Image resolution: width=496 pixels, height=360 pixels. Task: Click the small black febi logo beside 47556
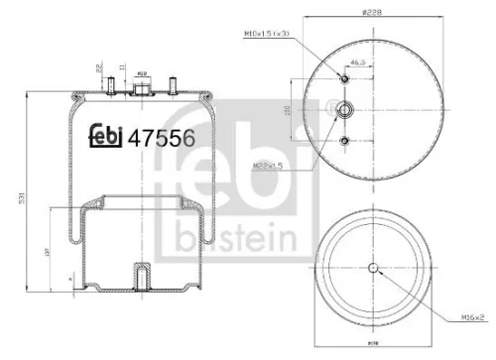tap(105, 138)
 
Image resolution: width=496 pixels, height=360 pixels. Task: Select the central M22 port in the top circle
tap(344, 110)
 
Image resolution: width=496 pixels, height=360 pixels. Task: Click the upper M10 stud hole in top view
tap(344, 78)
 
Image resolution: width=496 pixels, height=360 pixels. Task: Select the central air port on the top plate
tap(142, 87)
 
